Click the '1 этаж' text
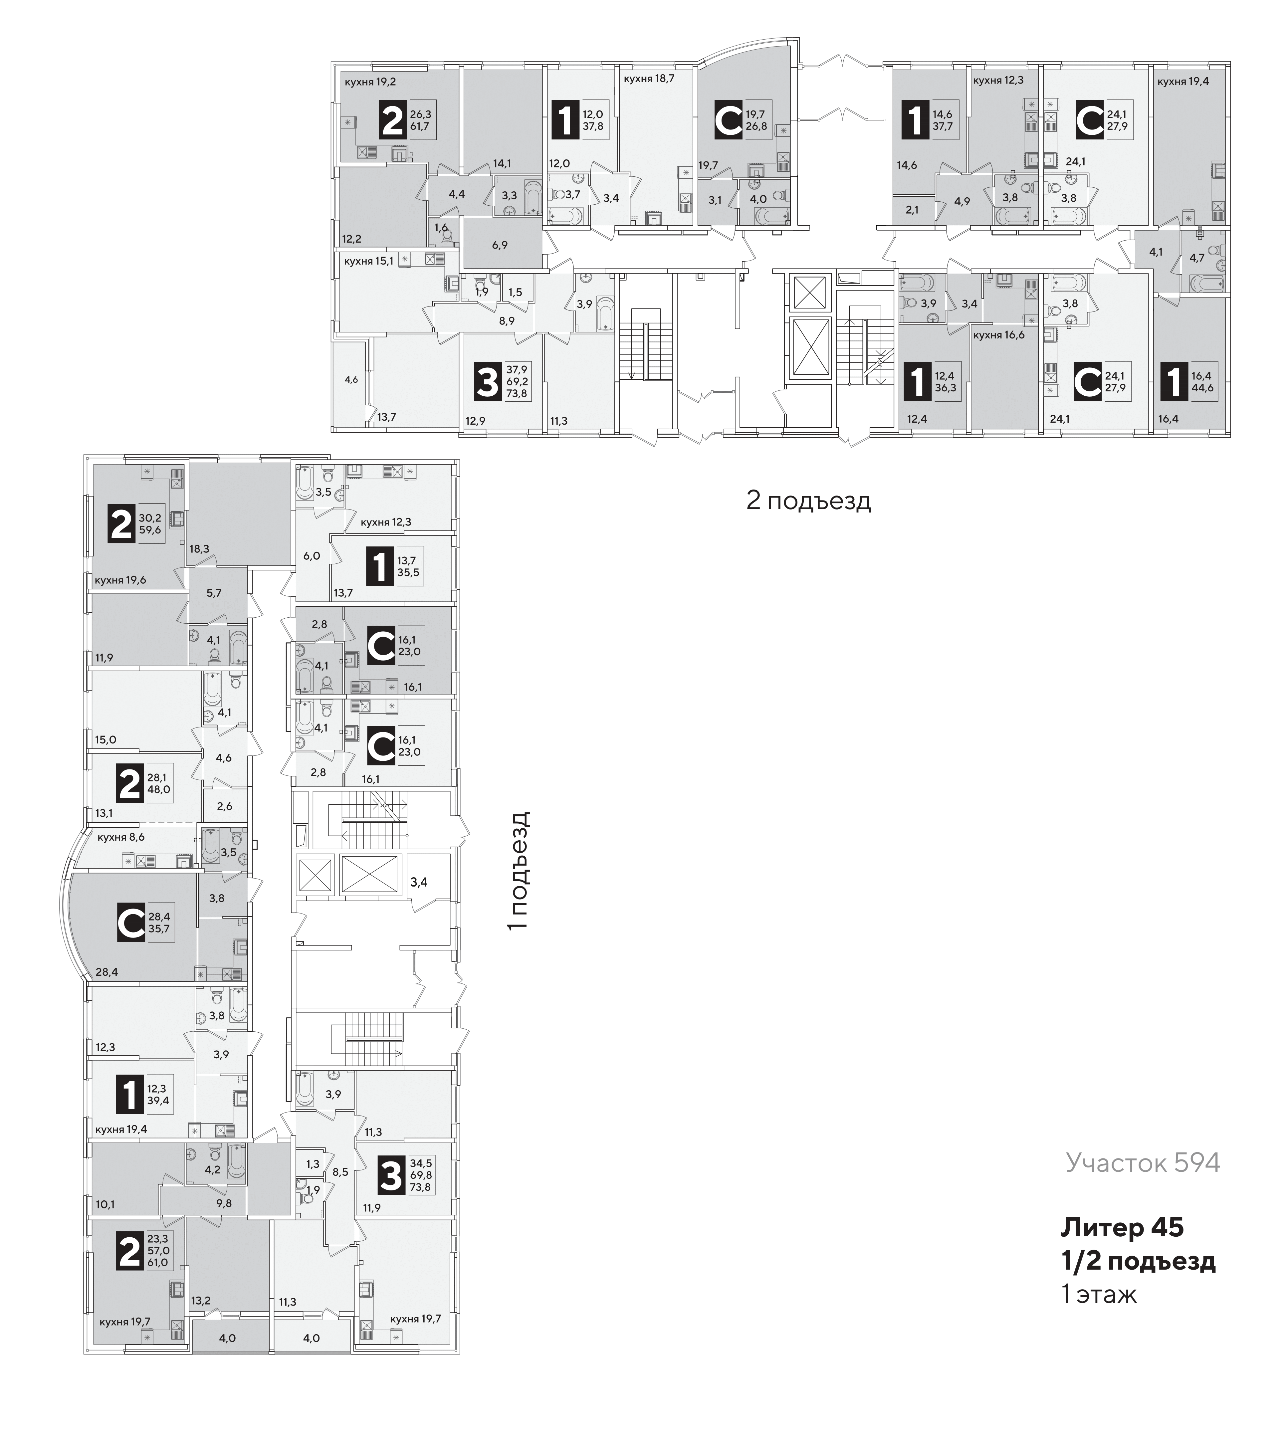pyautogui.click(x=1099, y=1295)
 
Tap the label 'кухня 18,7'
pyautogui.click(x=649, y=79)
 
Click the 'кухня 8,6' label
pyautogui.click(x=121, y=837)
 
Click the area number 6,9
pyautogui.click(x=500, y=245)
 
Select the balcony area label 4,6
pyautogui.click(x=351, y=380)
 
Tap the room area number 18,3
pyautogui.click(x=199, y=548)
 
